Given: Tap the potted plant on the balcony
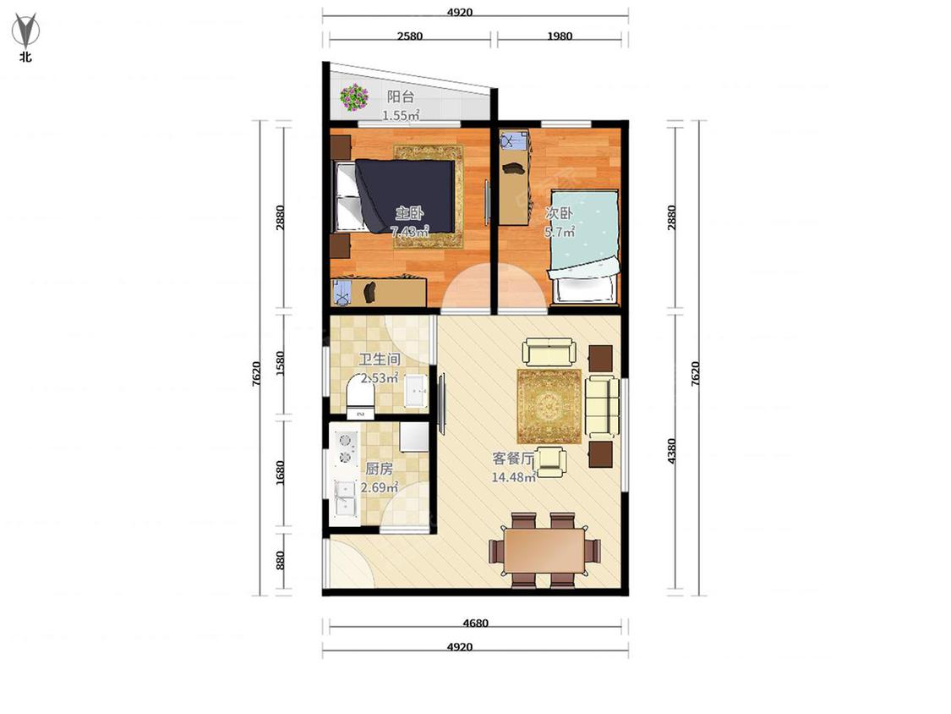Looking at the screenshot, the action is click(353, 97).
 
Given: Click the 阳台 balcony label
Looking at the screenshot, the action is click(401, 96).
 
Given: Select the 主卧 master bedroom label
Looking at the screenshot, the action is click(409, 213).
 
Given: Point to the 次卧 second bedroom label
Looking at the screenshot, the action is click(559, 213).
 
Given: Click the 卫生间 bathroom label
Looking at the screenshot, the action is click(379, 360).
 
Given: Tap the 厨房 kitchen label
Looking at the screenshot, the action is click(379, 469).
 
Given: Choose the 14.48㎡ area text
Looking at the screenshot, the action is click(513, 477).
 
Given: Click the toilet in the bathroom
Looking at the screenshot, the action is click(359, 397).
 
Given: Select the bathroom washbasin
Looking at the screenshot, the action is click(416, 390).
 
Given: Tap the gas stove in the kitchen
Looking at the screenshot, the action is click(345, 448).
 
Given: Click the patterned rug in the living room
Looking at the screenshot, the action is click(549, 406).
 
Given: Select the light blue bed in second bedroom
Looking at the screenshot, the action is click(585, 246).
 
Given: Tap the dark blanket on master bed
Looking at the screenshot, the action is click(405, 195).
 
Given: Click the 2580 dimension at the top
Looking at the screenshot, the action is click(410, 36).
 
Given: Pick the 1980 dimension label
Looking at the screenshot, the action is click(560, 36).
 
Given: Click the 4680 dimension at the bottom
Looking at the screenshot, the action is click(475, 623).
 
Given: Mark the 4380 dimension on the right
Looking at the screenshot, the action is click(671, 451).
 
